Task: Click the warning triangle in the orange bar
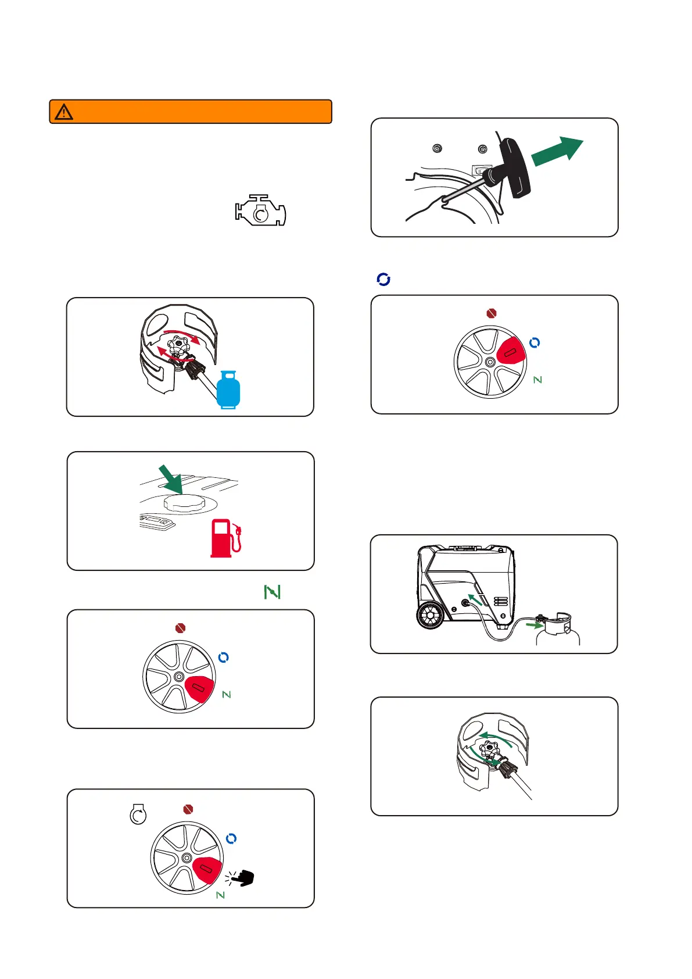[64, 112]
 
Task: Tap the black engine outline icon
[261, 210]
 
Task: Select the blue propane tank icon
[228, 390]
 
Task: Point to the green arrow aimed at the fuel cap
[171, 478]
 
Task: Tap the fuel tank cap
[184, 503]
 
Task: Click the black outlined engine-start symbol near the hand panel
[138, 814]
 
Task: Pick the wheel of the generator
[430, 616]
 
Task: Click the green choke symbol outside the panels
[272, 592]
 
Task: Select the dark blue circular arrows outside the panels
[383, 280]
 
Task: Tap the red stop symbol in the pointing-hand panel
[188, 809]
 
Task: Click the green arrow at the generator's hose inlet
[476, 599]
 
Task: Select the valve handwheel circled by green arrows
[490, 751]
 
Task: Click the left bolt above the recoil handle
[437, 149]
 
